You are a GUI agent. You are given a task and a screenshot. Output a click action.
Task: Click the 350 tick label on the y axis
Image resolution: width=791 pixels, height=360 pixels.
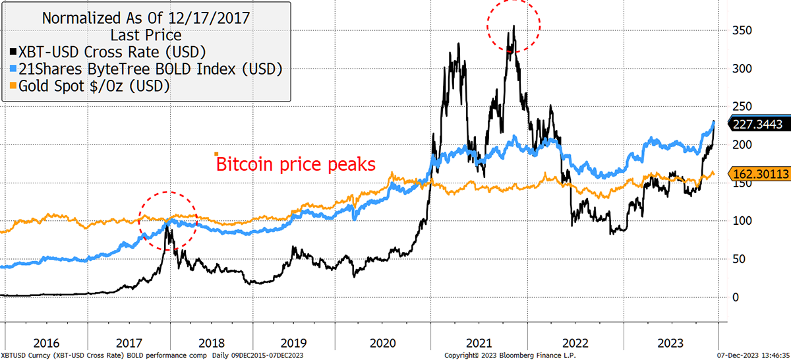[x=742, y=30]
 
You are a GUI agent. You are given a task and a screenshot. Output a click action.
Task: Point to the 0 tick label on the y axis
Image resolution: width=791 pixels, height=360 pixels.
[x=736, y=297]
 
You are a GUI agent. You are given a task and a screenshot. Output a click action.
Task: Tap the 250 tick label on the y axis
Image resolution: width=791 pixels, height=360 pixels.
[x=742, y=106]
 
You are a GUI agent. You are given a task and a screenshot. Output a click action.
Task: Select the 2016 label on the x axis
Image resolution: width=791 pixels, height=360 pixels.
[x=46, y=343]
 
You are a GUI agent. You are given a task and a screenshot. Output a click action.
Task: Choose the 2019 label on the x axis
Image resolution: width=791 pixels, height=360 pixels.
[x=293, y=343]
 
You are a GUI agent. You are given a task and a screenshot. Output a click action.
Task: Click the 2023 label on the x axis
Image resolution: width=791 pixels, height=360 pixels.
[x=670, y=343]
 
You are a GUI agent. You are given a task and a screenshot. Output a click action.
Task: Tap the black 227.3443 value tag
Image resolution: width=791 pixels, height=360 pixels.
[x=759, y=124]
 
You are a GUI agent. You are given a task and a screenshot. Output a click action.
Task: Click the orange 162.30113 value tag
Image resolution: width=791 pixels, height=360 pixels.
[x=759, y=174]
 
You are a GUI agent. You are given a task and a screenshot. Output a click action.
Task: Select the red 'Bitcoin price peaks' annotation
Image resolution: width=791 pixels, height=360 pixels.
[x=295, y=164]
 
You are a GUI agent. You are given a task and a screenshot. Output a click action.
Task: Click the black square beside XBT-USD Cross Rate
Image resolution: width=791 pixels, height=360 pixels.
[x=13, y=51]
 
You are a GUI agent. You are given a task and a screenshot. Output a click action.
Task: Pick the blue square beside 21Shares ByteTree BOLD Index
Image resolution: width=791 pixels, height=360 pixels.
[x=13, y=69]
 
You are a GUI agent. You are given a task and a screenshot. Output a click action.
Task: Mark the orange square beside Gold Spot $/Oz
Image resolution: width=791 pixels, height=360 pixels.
[x=13, y=86]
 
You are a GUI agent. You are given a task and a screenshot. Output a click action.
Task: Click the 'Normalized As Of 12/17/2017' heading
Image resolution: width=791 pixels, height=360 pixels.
[x=146, y=18]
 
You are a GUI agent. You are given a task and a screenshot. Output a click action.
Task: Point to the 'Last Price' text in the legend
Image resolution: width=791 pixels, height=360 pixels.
[x=146, y=36]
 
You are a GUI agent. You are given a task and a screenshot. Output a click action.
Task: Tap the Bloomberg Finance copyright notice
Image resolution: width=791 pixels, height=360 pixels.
[x=510, y=355]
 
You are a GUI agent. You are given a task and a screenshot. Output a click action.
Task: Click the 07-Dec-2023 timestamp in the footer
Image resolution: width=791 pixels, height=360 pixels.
[x=753, y=355]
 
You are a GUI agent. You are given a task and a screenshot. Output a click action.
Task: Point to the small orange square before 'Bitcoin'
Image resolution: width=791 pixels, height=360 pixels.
[x=216, y=154]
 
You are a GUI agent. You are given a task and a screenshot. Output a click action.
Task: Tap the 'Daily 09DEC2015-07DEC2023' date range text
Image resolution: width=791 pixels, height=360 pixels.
[x=258, y=355]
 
